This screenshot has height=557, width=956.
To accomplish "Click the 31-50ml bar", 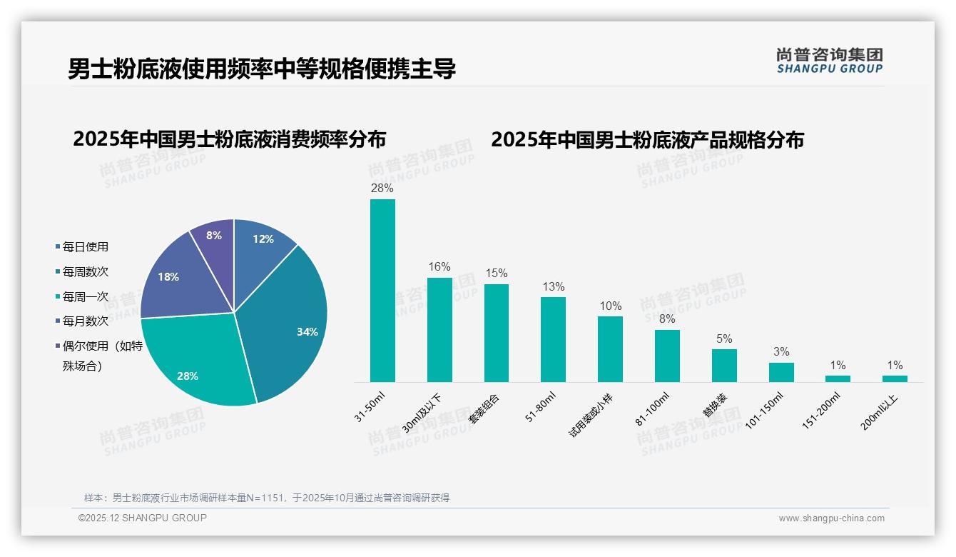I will click(x=382, y=291).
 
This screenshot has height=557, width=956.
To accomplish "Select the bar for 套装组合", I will click(x=497, y=333).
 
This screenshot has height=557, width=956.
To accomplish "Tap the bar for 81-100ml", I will click(x=667, y=356).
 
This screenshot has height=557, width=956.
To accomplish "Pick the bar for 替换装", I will click(x=724, y=366).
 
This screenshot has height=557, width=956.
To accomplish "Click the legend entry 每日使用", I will click(x=85, y=247).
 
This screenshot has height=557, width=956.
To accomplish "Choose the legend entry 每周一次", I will click(x=85, y=296).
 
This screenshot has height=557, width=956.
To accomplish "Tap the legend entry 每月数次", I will click(x=85, y=321).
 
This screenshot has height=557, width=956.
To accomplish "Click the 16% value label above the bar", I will click(x=439, y=267).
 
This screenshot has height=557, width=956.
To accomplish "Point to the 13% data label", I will click(x=553, y=287).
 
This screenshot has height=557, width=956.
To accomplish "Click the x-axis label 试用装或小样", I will click(x=591, y=413).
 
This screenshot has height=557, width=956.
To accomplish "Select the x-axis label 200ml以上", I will click(x=880, y=411).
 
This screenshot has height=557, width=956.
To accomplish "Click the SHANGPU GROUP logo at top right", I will click(x=829, y=61).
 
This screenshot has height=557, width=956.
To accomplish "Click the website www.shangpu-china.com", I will click(x=831, y=518).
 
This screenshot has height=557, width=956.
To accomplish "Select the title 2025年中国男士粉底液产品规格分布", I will click(x=647, y=139).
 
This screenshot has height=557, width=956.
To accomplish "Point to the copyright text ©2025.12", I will click(x=143, y=518).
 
